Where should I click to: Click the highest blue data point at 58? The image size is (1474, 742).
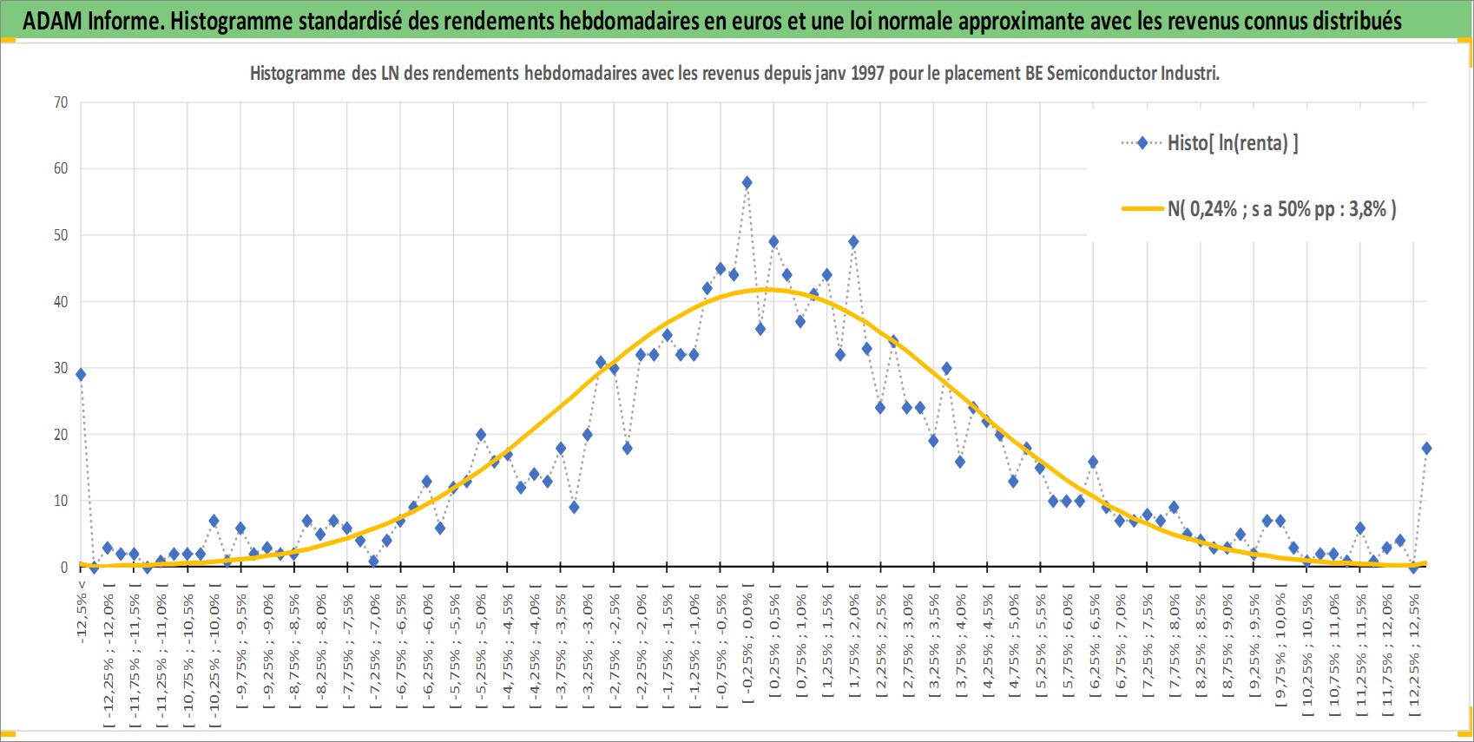747,183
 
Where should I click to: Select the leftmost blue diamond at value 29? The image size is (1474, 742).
81,375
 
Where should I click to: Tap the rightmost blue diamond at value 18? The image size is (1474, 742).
1426,449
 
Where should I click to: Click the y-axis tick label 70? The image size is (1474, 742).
61,102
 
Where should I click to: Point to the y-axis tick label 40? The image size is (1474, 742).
61,302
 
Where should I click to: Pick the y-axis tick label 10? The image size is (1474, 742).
61,502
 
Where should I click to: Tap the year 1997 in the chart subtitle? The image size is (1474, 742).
867,73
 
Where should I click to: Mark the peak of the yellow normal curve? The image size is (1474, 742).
767,290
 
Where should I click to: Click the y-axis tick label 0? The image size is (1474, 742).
64,568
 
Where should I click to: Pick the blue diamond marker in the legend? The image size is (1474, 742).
1142,142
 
